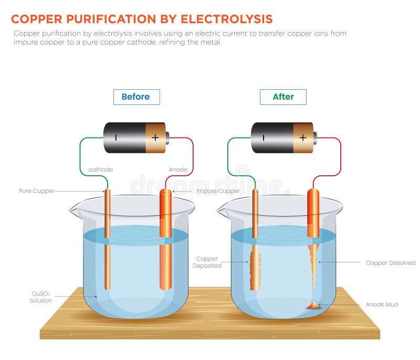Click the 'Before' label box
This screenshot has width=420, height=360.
(136, 97)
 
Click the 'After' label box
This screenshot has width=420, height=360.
(283, 97)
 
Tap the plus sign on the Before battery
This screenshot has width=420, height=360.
(155, 137)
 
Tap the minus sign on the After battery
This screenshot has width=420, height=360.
(264, 137)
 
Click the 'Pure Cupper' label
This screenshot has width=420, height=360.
(36, 191)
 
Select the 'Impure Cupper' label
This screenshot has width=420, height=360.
(218, 191)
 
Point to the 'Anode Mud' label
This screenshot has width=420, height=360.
(382, 304)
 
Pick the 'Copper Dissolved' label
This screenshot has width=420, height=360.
(390, 262)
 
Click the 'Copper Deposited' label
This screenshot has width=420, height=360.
(207, 262)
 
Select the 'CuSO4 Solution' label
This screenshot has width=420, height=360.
(41, 298)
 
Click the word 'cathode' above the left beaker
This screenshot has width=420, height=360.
(100, 170)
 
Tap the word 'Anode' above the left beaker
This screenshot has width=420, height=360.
(178, 170)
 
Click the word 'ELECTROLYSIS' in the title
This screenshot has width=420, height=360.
(227, 19)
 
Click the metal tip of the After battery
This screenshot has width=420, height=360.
(314, 138)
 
